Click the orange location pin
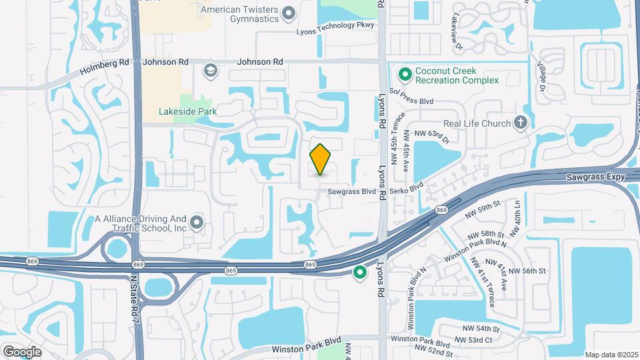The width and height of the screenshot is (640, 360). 321,159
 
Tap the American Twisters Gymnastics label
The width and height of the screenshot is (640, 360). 239,14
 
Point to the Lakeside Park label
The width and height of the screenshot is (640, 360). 188,112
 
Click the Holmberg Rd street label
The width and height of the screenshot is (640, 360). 105,65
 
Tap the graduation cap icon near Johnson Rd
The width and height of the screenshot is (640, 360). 211,70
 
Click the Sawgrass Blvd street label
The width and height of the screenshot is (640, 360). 352,191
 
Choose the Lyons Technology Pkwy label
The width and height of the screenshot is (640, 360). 337,31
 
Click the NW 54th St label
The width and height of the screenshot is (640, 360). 478,329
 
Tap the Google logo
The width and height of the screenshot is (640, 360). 22,351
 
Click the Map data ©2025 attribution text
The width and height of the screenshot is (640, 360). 611,354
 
